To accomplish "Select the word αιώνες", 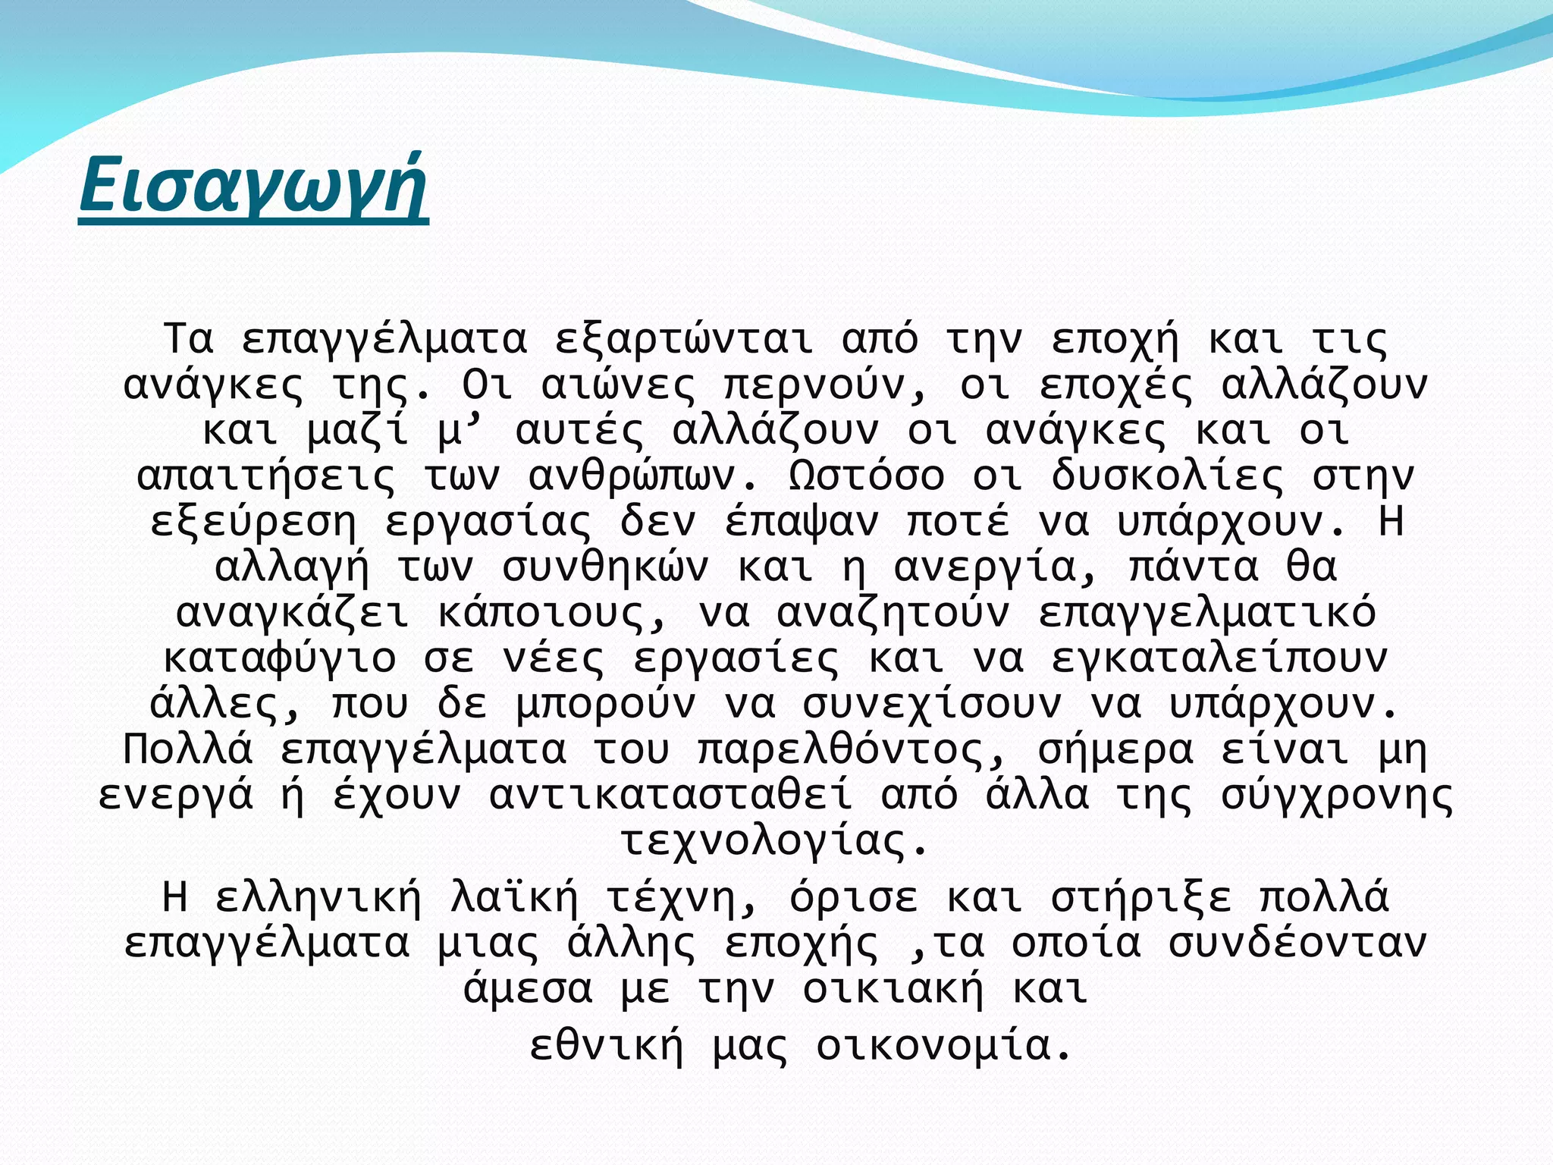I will [618, 385].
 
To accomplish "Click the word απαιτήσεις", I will [265, 476].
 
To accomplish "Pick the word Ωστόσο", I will [867, 476].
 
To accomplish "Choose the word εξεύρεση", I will [253, 522].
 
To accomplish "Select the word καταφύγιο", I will [279, 658].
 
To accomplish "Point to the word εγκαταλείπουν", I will [1219, 658].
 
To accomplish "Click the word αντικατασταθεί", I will [670, 796].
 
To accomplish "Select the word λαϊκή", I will [514, 898].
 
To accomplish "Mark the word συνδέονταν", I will [1297, 944].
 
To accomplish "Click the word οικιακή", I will [893, 989].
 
